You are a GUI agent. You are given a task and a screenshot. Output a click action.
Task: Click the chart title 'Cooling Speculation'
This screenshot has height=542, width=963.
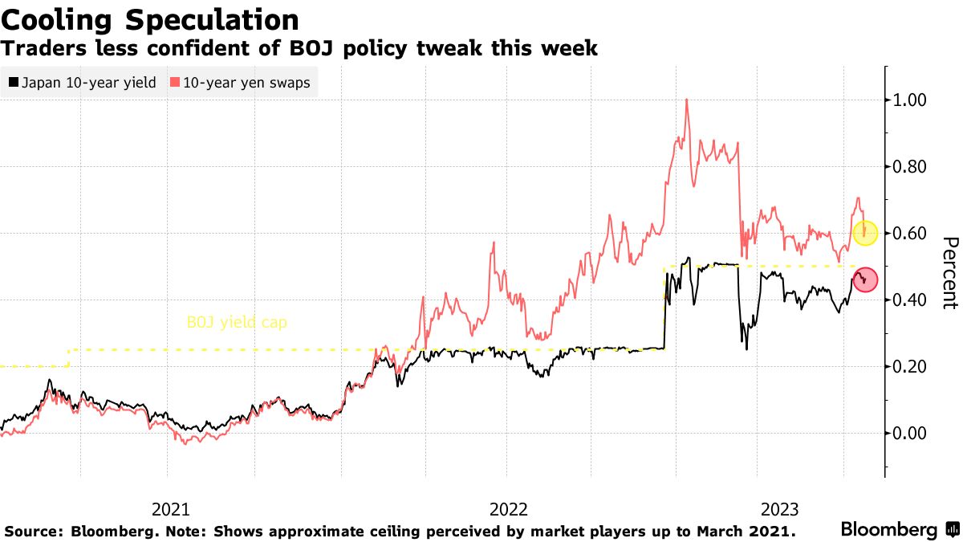[150, 20]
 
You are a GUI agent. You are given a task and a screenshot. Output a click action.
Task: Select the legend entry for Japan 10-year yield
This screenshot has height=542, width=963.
[82, 83]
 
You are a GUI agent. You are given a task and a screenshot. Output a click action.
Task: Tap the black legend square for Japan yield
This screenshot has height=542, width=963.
[13, 83]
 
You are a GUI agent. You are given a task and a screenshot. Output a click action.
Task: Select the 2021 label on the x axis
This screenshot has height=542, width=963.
[170, 509]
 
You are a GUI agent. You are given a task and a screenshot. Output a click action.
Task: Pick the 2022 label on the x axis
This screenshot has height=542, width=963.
[507, 509]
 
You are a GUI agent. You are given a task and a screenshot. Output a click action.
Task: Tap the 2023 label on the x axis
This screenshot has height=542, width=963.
[778, 509]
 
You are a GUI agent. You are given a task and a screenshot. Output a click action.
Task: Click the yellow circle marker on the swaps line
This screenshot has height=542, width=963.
[865, 233]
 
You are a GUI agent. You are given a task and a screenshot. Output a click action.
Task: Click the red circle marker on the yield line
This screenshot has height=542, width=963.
[865, 279]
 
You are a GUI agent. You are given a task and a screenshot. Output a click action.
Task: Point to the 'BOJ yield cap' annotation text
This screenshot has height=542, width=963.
[236, 323]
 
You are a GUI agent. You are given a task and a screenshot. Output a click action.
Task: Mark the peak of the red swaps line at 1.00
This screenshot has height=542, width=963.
[687, 100]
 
